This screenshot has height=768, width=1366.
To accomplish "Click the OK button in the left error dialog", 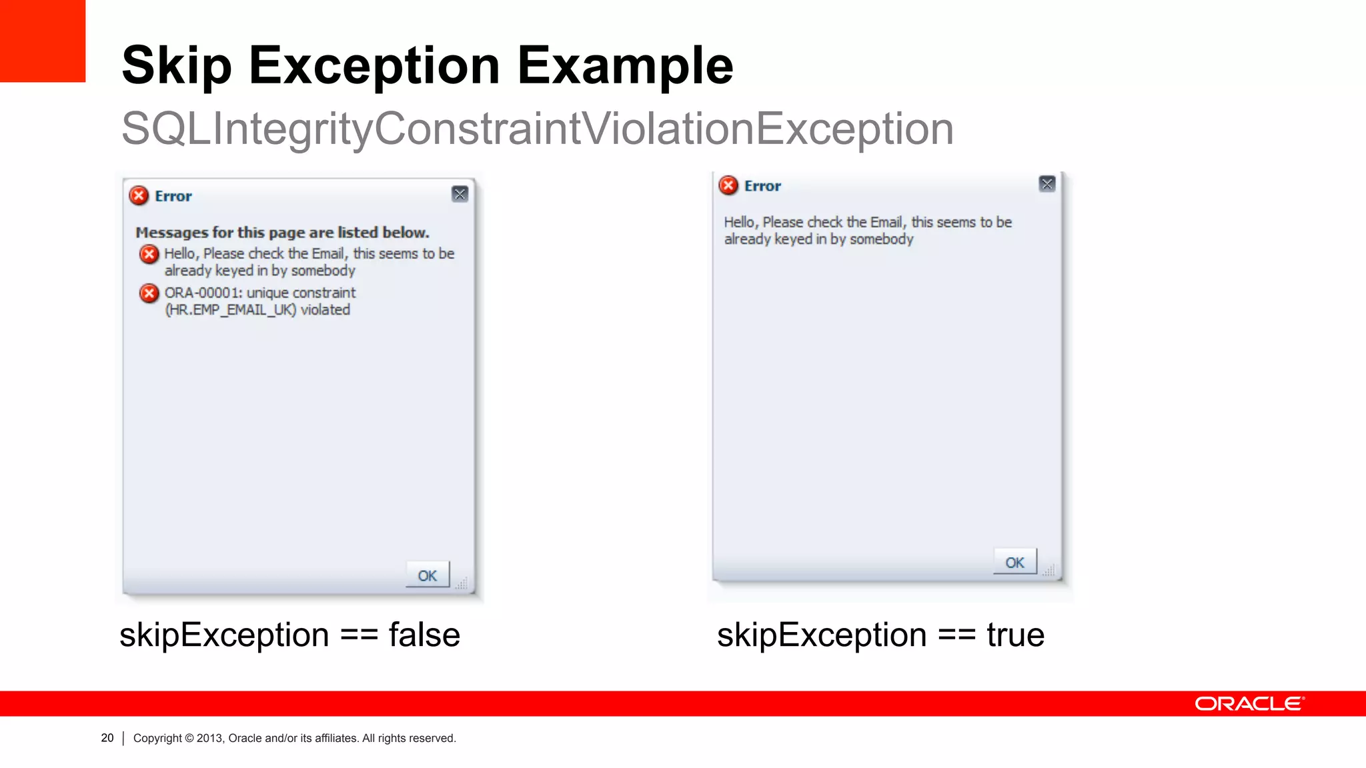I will coord(428,575).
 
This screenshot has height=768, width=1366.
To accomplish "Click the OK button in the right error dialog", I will coord(1014,562).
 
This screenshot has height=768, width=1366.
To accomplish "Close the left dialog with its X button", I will coord(460,194).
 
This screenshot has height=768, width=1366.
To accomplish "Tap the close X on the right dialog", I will coord(1047,184).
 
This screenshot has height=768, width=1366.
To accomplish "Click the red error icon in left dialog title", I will coord(139,195).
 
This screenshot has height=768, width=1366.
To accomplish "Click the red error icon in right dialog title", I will coord(728,185).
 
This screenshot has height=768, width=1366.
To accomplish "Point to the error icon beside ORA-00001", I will coord(149,293).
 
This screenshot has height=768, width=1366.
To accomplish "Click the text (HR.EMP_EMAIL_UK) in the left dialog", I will coord(230,310).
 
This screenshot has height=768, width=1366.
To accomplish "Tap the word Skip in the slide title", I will coord(177,65).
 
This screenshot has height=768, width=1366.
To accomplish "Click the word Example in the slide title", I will coord(625,65).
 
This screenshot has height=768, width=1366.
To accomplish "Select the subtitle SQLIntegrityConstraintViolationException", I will coord(537,128).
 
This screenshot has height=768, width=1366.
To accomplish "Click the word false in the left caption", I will coord(424,635).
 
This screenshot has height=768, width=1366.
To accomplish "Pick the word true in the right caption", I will coord(1015,635).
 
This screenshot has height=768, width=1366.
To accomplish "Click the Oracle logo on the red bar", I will coord(1249,704).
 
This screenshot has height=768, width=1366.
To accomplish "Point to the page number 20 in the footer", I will coord(107,738).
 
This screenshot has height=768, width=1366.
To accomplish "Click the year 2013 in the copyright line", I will coord(209,738).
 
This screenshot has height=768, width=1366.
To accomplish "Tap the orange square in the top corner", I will coord(43,41).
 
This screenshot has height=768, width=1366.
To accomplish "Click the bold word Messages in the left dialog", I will coord(172,233).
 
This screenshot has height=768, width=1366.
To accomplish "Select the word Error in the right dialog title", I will coord(762,186).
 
